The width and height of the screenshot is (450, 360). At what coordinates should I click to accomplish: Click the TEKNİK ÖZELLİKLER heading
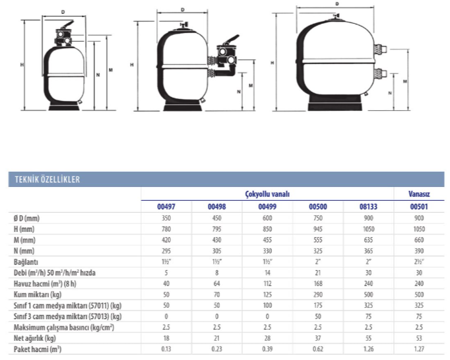click(x=48, y=180)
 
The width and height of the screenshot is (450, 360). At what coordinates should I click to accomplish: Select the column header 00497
click(x=166, y=207)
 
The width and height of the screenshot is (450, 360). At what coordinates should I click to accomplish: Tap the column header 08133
click(x=368, y=207)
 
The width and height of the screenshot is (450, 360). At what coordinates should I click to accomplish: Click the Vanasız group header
click(x=419, y=194)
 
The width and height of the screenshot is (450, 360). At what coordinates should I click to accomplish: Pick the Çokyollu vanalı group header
click(x=267, y=194)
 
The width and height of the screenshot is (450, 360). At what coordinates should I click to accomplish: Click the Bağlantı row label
click(x=26, y=262)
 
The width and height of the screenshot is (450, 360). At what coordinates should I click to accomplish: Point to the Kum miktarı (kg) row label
click(x=38, y=295)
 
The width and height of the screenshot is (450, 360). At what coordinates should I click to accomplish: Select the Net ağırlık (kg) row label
click(x=35, y=338)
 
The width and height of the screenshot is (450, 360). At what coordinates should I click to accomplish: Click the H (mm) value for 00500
click(x=318, y=229)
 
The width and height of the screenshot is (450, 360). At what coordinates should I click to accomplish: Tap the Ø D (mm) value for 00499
click(x=267, y=219)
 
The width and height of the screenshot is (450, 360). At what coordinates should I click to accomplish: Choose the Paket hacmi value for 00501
click(x=419, y=349)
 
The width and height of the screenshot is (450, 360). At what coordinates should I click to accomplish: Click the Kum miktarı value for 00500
click(x=318, y=295)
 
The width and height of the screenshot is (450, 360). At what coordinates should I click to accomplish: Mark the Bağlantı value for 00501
click(x=419, y=262)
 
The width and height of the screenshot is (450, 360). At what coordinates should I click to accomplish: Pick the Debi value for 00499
click(x=267, y=273)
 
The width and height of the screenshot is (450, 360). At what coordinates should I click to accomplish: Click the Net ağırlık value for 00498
click(x=216, y=338)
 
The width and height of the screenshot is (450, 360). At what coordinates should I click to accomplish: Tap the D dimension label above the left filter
click(x=63, y=12)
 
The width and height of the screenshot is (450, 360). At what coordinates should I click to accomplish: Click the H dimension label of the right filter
click(x=272, y=63)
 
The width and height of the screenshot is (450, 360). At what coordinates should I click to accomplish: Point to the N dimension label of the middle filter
click(x=238, y=92)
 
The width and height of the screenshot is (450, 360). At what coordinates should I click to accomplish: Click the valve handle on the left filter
click(x=67, y=24)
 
